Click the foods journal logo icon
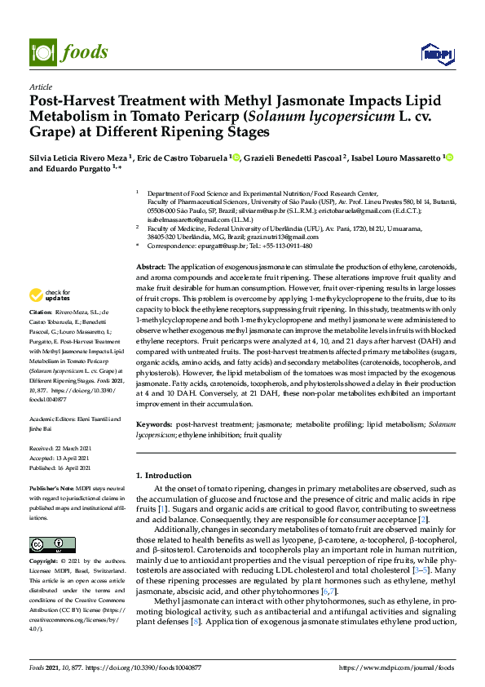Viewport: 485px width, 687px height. (40, 51)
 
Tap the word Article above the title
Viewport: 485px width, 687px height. (40, 87)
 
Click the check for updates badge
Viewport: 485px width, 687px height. (48, 295)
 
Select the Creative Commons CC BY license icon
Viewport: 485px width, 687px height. (47, 545)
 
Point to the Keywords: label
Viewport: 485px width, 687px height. (154, 425)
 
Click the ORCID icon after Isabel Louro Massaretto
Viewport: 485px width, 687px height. (448, 157)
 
